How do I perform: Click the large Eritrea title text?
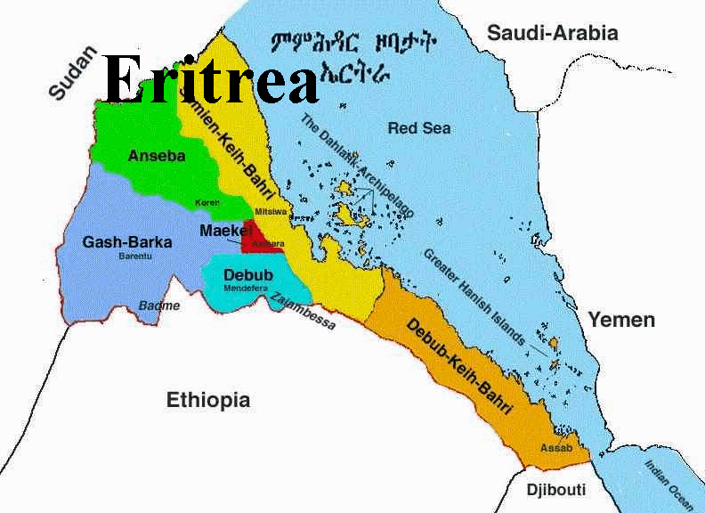click(x=210, y=78)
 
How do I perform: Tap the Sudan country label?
click(x=71, y=73)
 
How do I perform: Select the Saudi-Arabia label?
click(x=552, y=34)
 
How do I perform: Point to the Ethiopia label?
click(x=208, y=400)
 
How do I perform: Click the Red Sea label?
click(x=419, y=128)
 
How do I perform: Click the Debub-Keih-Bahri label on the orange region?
click(x=459, y=366)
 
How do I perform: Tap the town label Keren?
click(x=207, y=203)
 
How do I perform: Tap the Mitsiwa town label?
click(x=270, y=211)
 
